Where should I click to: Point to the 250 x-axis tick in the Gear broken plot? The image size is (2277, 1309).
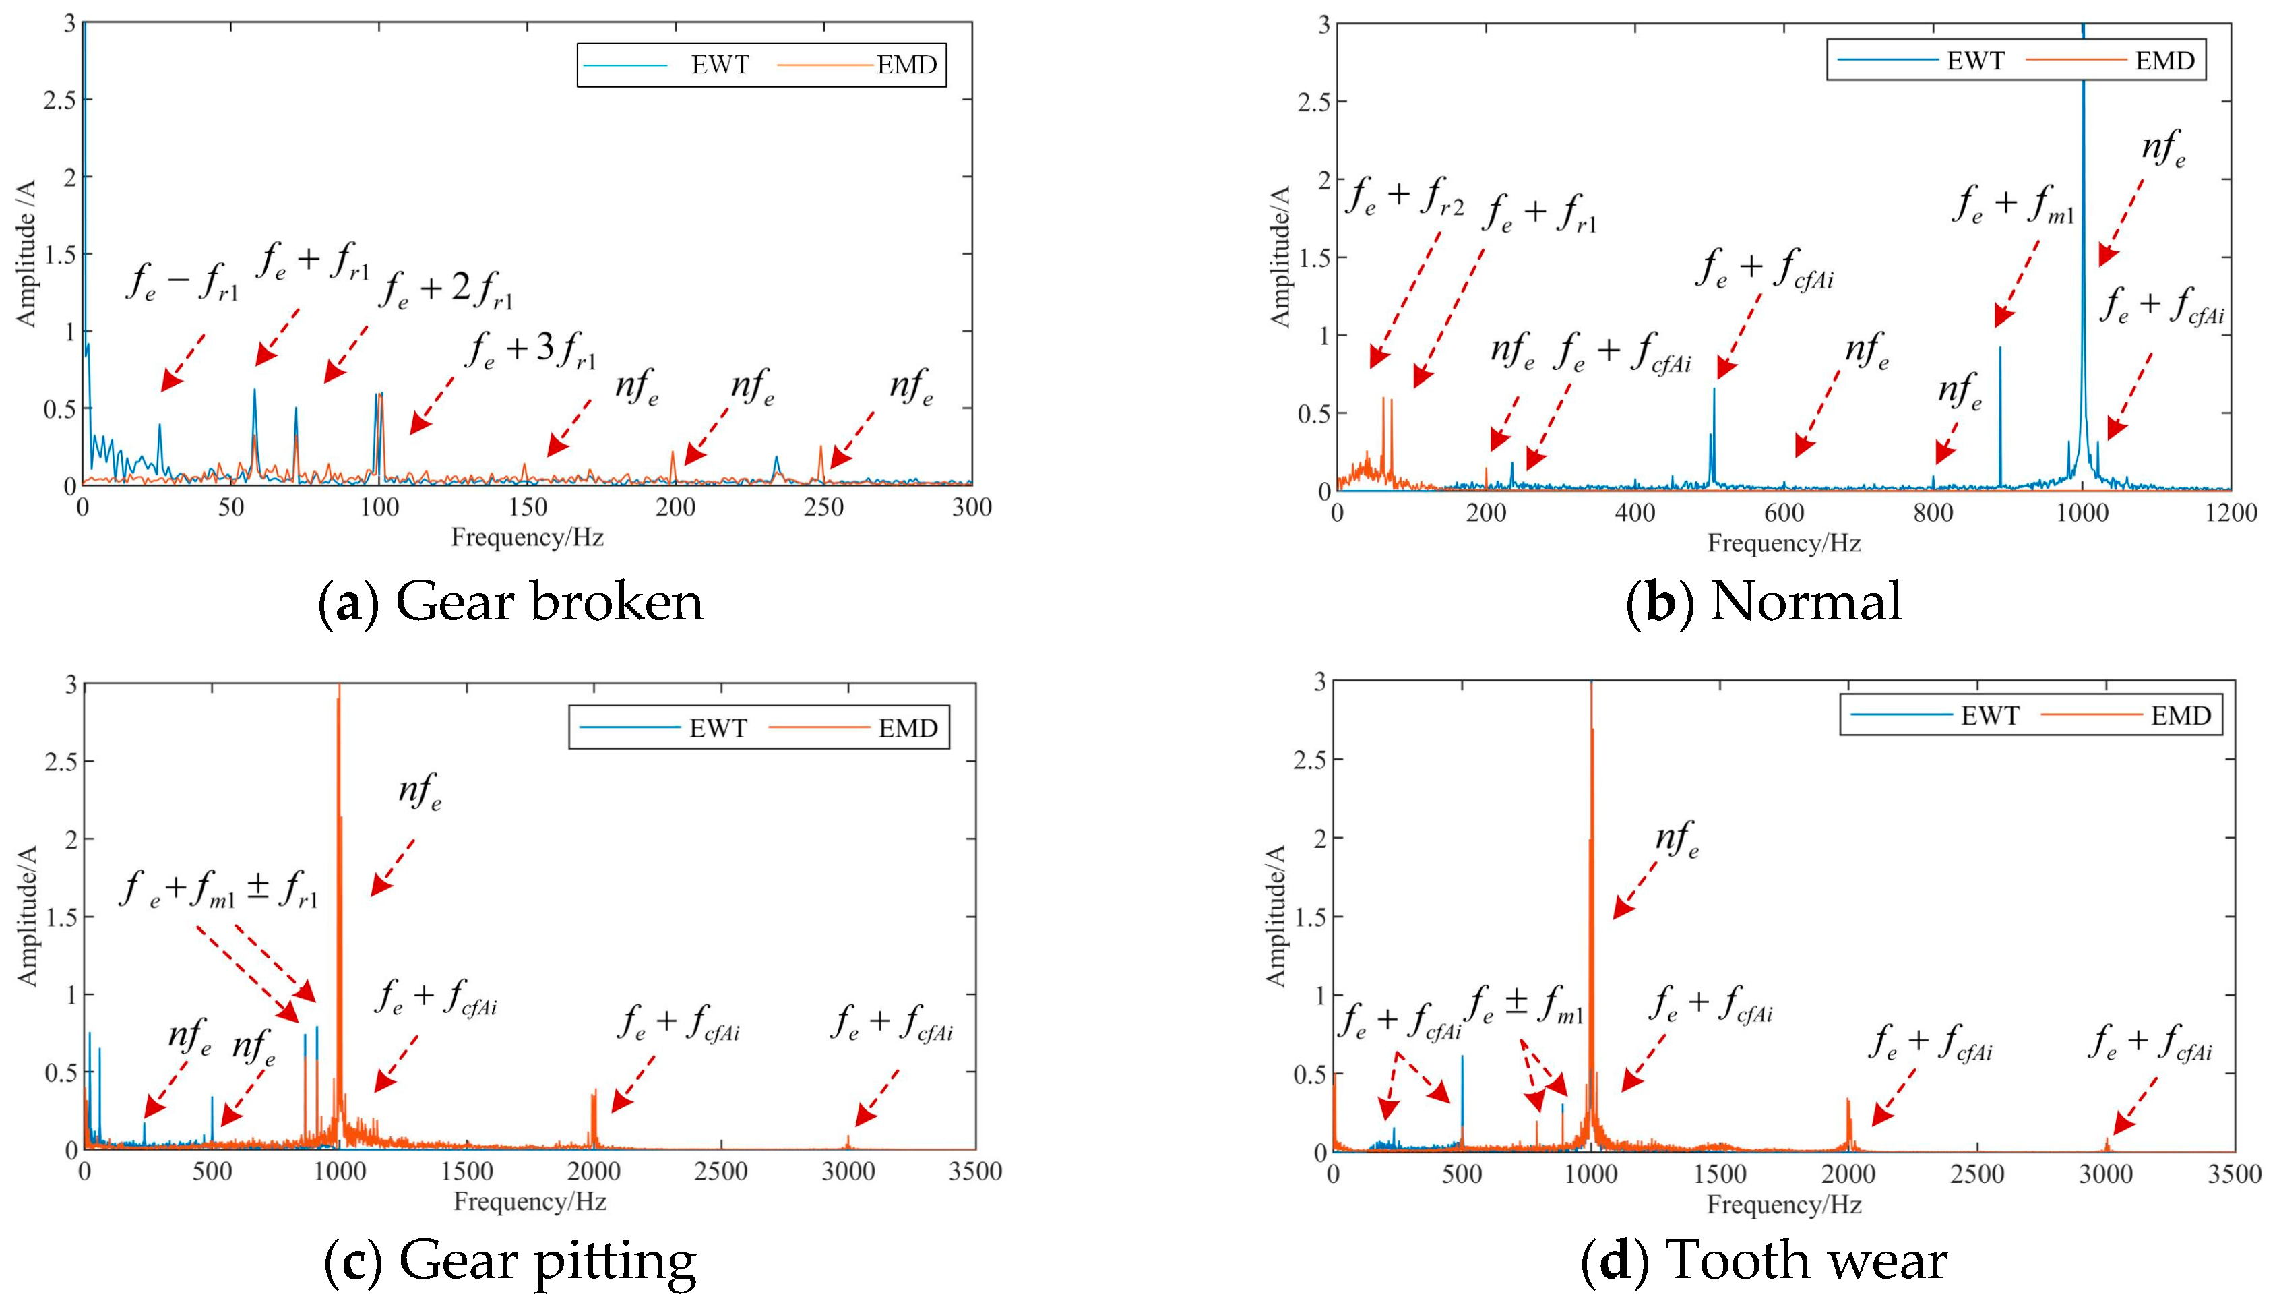(823, 508)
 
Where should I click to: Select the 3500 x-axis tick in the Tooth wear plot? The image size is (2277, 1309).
(2234, 1175)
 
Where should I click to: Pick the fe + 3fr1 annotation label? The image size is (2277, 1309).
(531, 351)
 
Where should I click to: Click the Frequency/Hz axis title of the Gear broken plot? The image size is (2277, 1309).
(528, 538)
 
